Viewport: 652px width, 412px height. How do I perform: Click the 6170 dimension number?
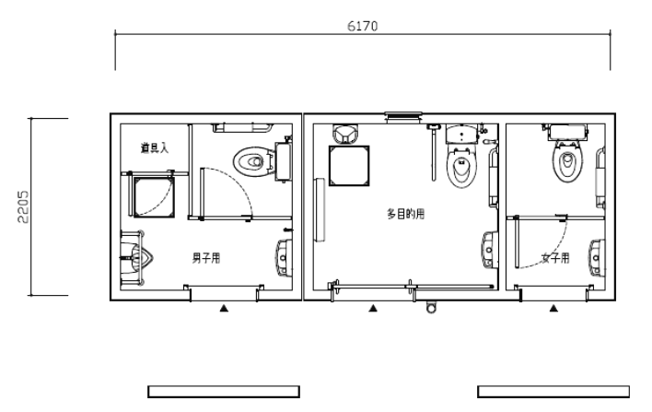362,26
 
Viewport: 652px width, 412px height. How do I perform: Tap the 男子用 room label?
205,257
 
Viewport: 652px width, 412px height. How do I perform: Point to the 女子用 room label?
554,257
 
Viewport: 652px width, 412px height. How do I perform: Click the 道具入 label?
154,148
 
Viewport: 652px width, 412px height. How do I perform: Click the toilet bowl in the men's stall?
250,162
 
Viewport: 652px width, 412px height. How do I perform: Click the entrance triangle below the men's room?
224,309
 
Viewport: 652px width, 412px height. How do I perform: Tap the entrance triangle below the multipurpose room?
373,309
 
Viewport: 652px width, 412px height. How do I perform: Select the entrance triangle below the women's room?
553,309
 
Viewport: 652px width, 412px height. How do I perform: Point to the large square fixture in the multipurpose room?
351,166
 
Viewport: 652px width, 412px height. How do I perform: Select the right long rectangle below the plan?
553,391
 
